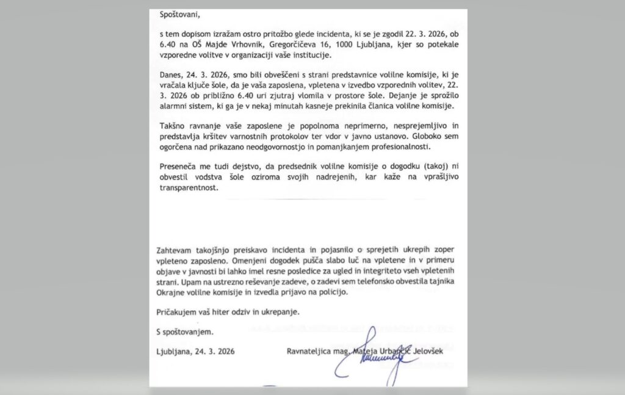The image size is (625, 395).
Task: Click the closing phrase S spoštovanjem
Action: click(186, 332)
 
